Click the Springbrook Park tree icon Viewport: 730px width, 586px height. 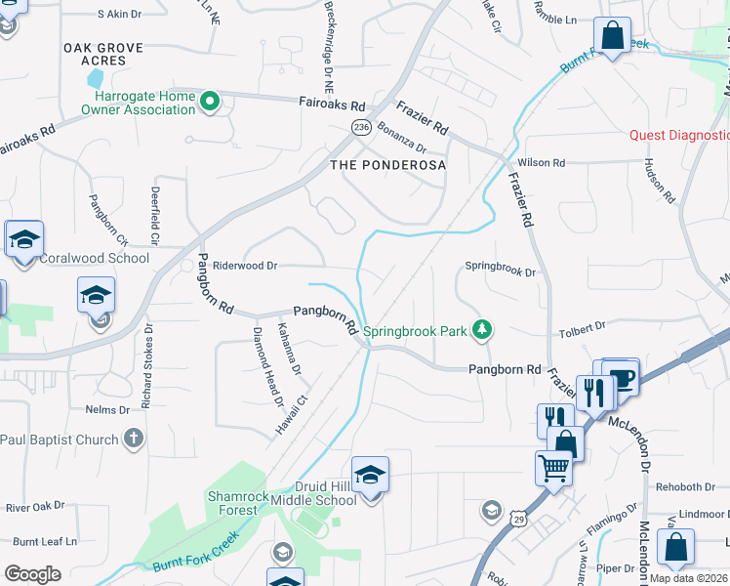(480, 331)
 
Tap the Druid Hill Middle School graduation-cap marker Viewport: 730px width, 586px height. (370, 476)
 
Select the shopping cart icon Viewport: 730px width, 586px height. (553, 468)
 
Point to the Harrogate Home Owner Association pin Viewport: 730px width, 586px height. (209, 102)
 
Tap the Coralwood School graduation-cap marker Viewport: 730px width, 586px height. (24, 239)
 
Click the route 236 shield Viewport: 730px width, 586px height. (361, 128)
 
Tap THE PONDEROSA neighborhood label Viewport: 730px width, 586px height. (388, 165)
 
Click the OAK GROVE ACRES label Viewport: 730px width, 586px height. (102, 54)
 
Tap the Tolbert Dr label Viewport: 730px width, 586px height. (582, 327)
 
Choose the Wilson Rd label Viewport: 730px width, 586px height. (544, 162)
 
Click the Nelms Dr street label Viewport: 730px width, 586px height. (107, 410)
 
